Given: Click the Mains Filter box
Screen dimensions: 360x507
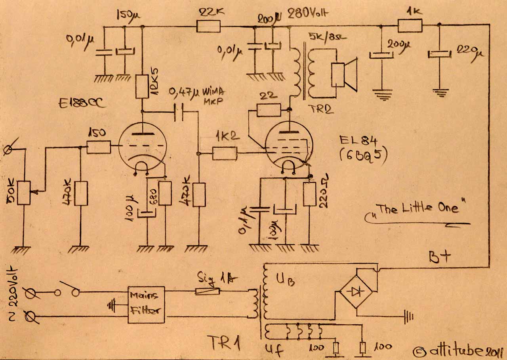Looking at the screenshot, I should coord(146,304).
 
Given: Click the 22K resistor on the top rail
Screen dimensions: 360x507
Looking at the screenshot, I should coord(208,27).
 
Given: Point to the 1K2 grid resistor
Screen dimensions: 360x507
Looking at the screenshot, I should coord(225,153).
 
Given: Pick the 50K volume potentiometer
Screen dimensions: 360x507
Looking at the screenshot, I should coord(24,193).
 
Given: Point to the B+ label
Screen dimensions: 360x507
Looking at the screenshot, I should coord(440,257).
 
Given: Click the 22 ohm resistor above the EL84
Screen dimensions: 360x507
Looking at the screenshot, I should coord(269,110).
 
